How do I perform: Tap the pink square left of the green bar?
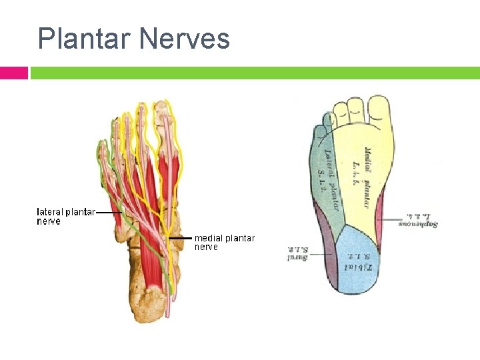point(13,73)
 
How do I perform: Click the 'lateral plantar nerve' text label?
point(65,217)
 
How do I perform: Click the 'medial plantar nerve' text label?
point(224,242)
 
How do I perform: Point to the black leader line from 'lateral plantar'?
point(109,213)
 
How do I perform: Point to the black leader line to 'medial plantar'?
point(181,238)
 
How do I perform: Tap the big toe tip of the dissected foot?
point(162,110)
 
